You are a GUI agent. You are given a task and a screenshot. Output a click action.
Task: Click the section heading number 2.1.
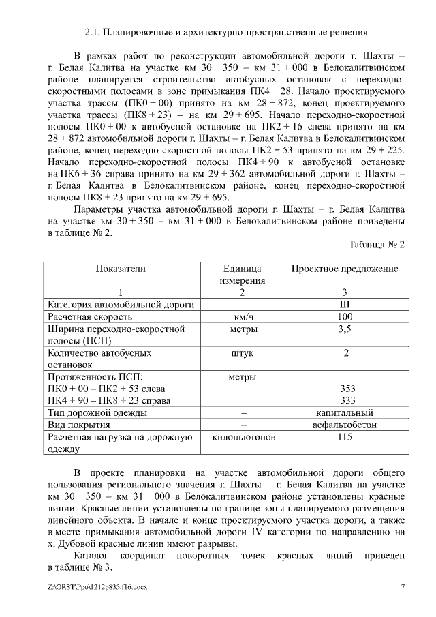91,32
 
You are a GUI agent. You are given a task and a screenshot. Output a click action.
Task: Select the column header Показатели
121,269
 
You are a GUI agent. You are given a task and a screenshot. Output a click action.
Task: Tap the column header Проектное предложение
345,269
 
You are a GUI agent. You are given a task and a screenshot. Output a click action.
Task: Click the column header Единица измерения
243,274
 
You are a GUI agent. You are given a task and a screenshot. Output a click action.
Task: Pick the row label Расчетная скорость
89,317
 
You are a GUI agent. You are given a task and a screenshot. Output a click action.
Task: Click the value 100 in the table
345,317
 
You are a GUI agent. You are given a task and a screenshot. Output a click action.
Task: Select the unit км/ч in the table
243,317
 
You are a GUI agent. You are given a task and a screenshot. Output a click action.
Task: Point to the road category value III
345,305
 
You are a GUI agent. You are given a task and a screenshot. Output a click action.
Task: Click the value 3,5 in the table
345,329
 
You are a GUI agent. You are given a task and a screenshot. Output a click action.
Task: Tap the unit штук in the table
243,353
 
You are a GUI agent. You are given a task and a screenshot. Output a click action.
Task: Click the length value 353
347,389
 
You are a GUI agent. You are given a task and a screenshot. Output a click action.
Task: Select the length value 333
347,400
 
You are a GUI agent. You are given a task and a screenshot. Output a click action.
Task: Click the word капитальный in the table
345,412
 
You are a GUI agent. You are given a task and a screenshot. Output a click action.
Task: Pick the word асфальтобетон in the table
345,425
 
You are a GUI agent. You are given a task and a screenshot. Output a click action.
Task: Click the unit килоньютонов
243,437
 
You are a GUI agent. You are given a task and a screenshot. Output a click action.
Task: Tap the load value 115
345,437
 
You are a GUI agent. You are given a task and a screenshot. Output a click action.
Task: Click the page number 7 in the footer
403,586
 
